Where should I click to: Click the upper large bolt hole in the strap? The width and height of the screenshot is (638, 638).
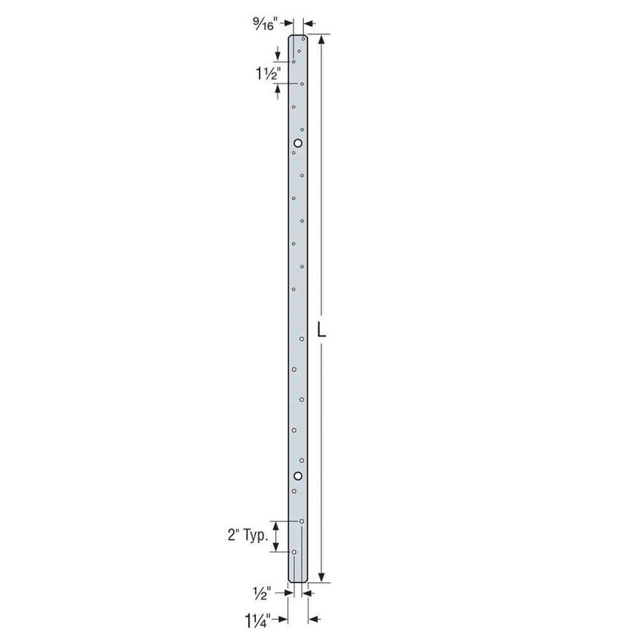point(297,144)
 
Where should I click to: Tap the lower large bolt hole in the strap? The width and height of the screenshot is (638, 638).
point(297,477)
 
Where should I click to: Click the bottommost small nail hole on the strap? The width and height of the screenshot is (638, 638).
point(294,552)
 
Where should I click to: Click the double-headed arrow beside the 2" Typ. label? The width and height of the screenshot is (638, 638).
point(277,536)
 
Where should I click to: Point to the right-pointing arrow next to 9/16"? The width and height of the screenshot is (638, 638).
point(288,24)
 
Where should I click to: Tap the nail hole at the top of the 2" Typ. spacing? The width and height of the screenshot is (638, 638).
point(301,522)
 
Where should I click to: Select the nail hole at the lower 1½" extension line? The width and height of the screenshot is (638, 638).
point(302,83)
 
